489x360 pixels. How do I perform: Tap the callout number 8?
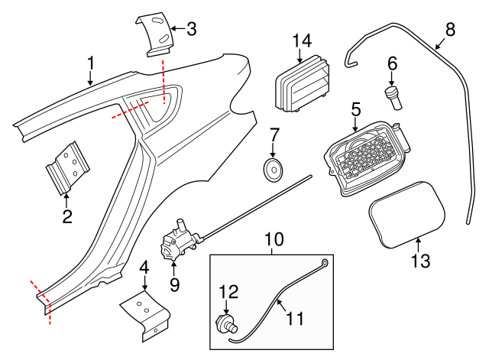pos(449,30)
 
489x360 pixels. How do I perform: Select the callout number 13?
pos(420,261)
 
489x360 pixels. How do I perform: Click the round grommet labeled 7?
pos(273,170)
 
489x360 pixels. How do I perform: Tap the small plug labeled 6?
pos(393,98)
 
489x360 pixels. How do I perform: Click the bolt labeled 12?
pos(226,321)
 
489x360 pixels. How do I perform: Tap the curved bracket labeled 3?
pos(156,35)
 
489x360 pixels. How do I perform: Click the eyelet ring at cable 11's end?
pos(326,264)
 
